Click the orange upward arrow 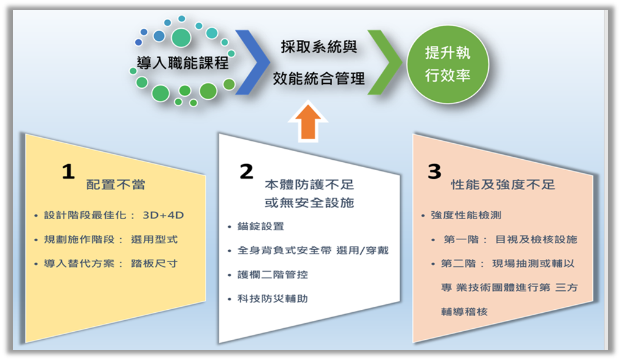(308, 122)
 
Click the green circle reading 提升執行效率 (448, 64)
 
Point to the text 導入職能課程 (182, 63)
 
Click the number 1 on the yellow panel (68, 171)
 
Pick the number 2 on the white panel (247, 171)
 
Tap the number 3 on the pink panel (434, 171)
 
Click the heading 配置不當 (116, 185)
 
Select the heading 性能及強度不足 (503, 185)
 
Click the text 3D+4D (163, 216)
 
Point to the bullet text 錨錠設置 (261, 227)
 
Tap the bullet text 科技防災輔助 (272, 299)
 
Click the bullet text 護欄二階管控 (272, 274)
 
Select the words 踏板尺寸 (154, 264)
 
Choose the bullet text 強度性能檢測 (466, 216)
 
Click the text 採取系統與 (319, 47)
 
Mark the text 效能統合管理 (319, 78)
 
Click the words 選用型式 (154, 239)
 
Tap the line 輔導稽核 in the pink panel (464, 312)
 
